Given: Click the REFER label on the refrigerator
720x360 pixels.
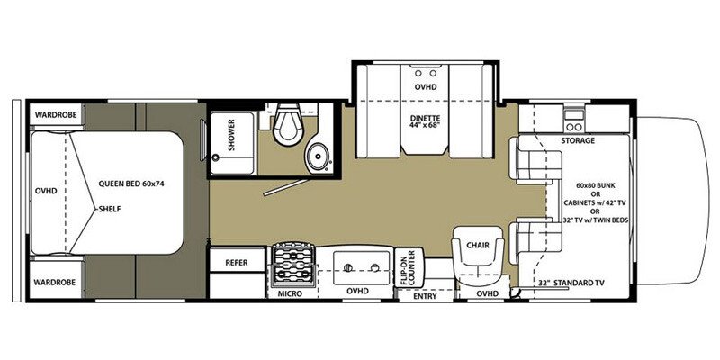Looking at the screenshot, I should (237, 263).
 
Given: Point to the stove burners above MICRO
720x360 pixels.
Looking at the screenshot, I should (292, 264).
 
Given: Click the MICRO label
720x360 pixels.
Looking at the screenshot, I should (289, 293).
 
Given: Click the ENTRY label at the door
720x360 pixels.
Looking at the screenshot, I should (425, 293).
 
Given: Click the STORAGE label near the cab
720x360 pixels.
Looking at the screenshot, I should (577, 141).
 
